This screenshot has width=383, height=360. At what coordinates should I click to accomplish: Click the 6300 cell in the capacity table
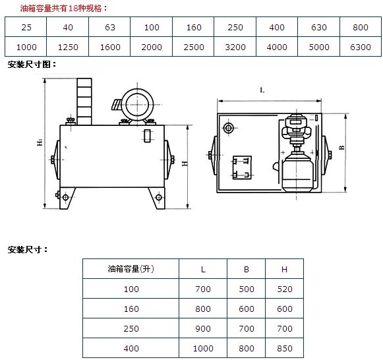[361, 47]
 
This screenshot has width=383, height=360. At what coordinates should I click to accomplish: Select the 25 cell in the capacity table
[26, 27]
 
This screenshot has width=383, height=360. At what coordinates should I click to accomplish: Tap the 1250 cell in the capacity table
[68, 47]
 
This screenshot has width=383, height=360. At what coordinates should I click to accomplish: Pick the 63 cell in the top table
[110, 27]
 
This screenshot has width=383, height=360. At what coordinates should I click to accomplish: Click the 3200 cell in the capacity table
[235, 47]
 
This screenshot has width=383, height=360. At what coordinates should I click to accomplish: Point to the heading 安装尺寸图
[32, 65]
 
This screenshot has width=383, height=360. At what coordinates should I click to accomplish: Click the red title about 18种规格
[63, 9]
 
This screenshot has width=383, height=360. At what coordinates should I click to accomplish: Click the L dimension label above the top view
[262, 90]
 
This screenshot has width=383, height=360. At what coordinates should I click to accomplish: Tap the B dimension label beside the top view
[342, 147]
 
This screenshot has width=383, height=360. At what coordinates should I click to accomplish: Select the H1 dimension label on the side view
[40, 142]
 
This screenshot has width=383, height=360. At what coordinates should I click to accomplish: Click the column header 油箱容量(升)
[131, 269]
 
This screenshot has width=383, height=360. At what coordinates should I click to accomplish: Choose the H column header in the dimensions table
[284, 270]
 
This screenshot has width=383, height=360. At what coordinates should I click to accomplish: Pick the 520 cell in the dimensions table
[285, 289]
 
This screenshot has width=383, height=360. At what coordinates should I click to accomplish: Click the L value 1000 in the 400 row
[203, 348]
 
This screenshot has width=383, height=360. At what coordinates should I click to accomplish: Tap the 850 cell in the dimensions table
[285, 348]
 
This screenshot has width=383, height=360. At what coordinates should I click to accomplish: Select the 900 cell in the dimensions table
[203, 328]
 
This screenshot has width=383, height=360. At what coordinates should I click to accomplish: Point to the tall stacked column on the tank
[84, 102]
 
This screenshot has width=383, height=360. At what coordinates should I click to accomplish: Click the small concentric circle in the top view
[229, 128]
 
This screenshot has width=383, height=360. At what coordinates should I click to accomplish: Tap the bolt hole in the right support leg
[158, 197]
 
